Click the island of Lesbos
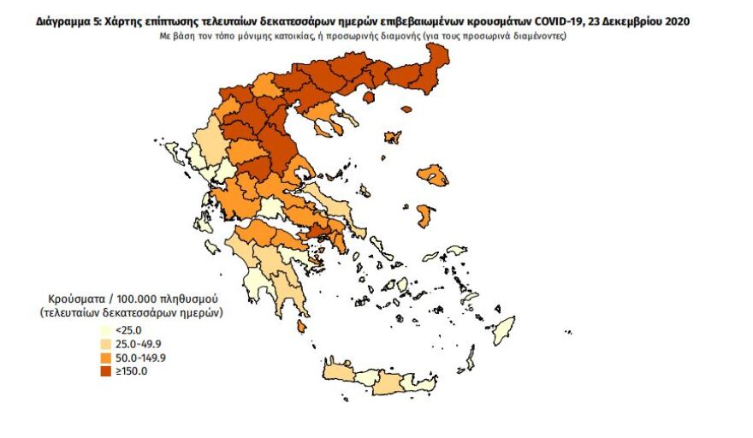point(434,175)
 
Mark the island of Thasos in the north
point(370,97)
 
